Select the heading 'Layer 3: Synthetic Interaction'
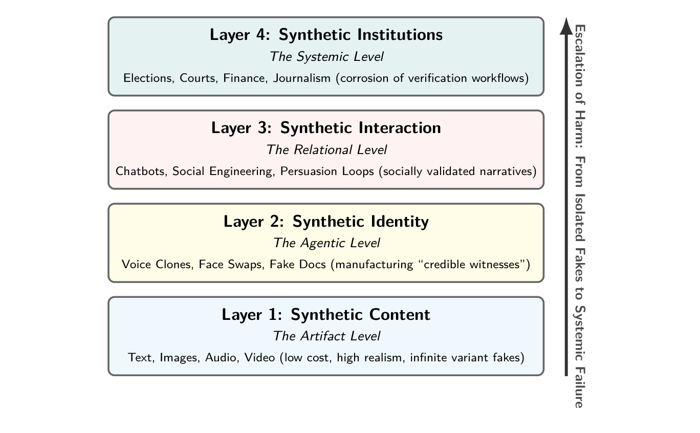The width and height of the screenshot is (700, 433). coord(326,128)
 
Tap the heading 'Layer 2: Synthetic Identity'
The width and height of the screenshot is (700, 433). coord(326,222)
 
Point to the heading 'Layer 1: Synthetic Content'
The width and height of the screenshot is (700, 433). coord(326,315)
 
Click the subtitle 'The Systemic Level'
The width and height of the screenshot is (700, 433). coord(326,56)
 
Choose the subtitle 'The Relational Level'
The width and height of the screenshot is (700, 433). coord(326,150)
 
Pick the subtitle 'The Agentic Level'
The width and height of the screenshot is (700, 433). coord(326,243)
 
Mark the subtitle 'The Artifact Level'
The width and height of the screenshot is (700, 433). coord(326,336)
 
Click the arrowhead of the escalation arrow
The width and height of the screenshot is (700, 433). coord(566,26)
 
